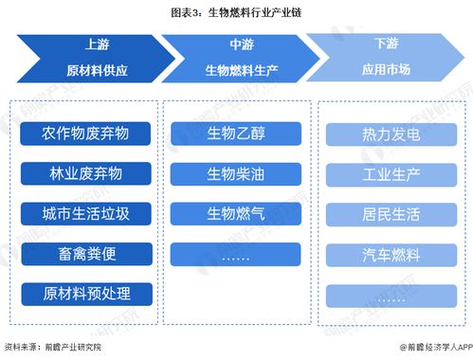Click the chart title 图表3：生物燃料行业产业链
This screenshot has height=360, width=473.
click(237, 13)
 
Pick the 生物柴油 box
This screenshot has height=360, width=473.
click(236, 173)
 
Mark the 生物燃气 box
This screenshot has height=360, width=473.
click(236, 213)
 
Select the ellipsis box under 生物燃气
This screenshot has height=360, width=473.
click(236, 254)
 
